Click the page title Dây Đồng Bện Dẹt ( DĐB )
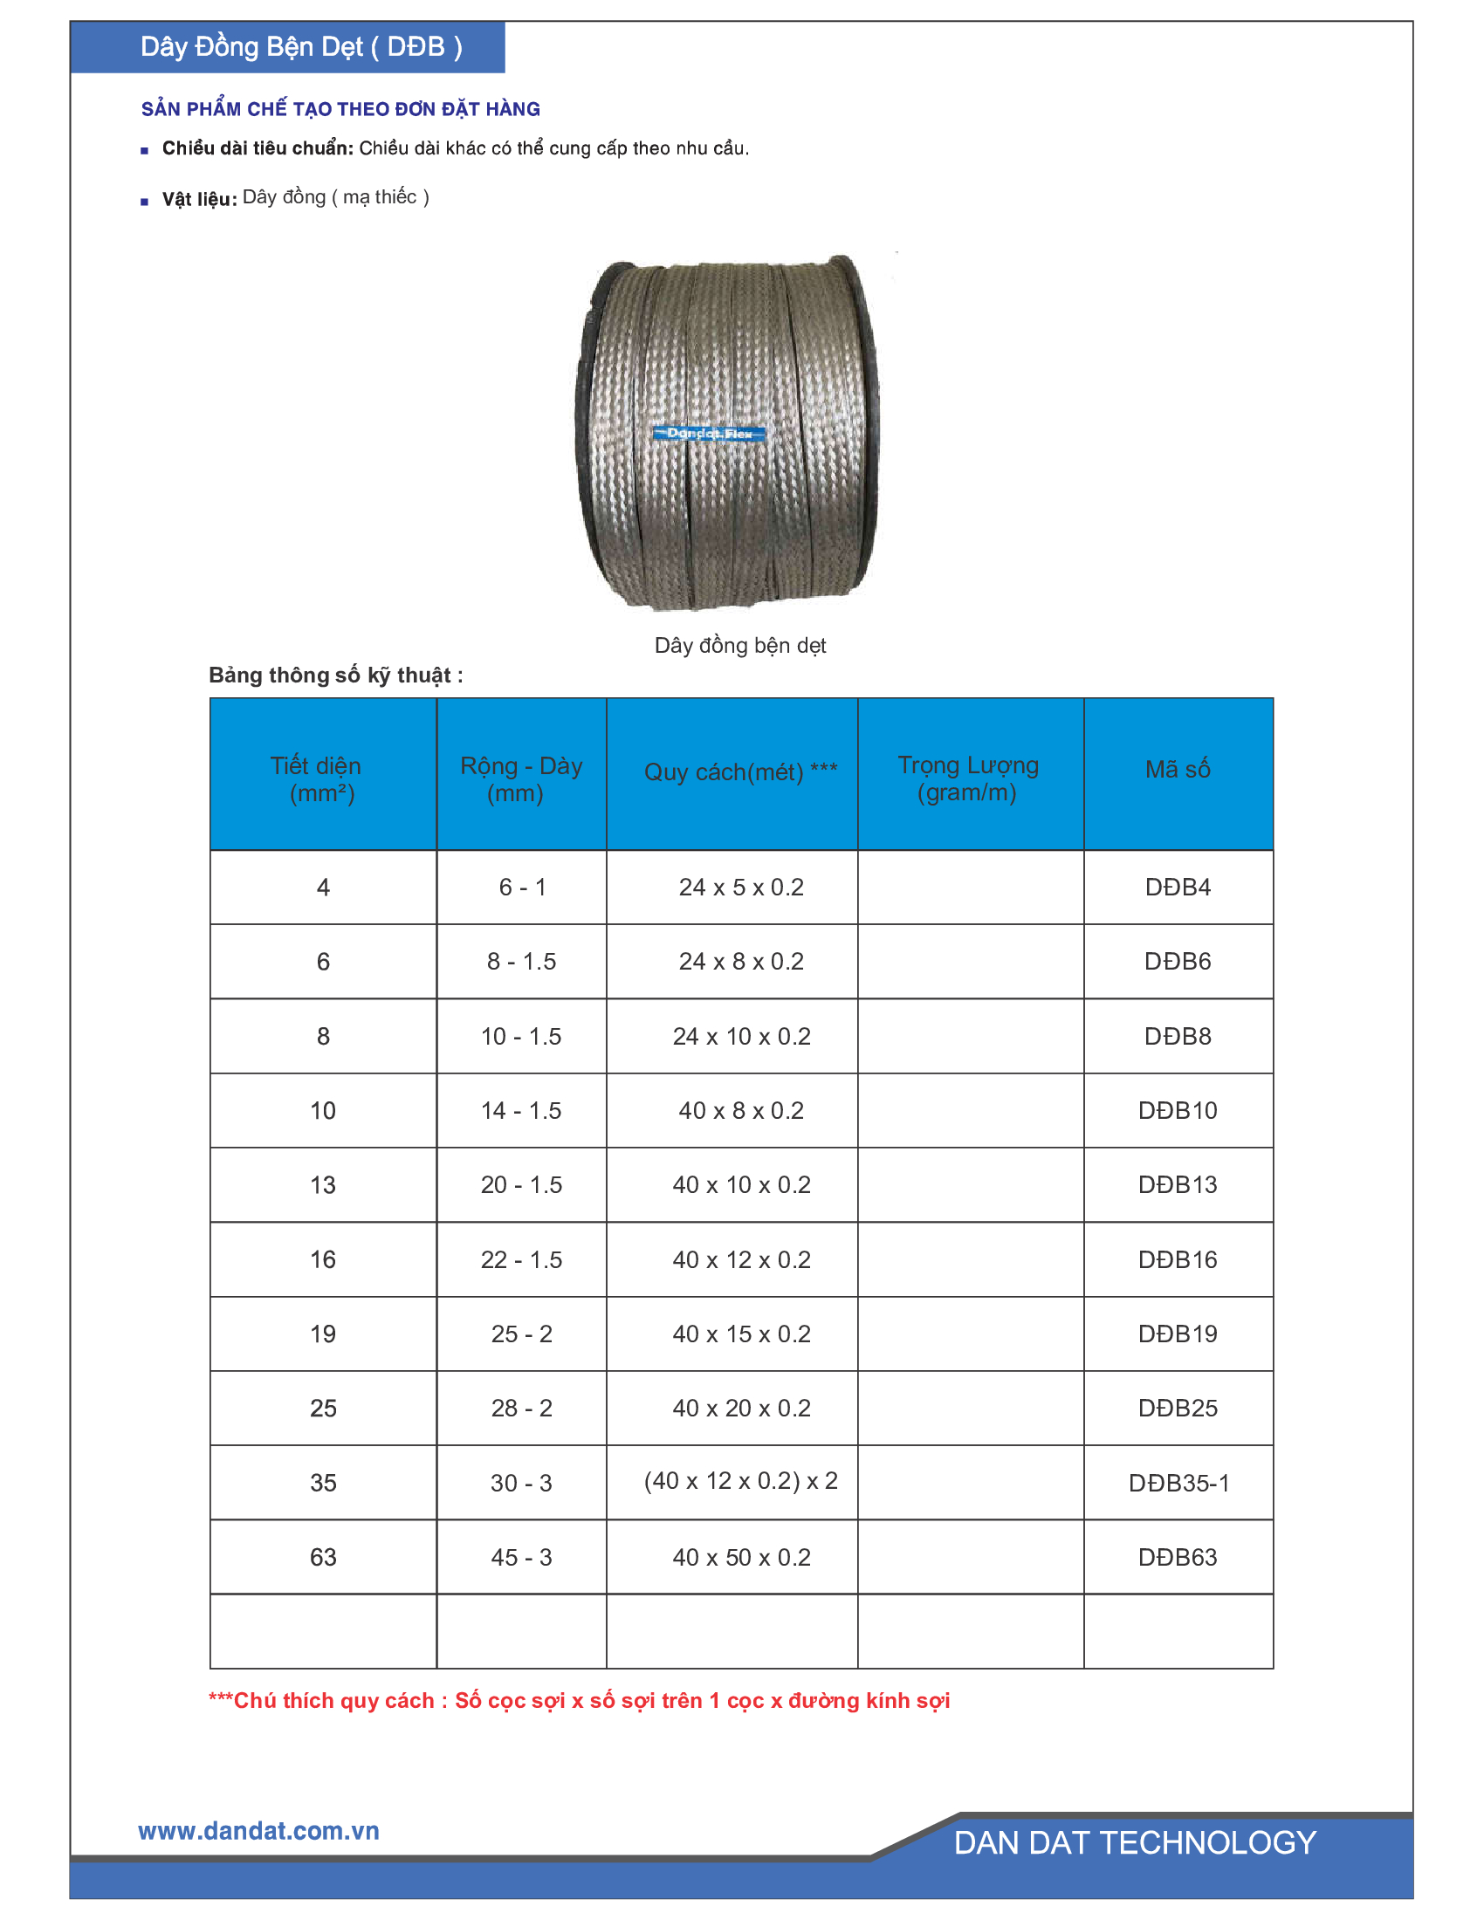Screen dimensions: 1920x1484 click(300, 46)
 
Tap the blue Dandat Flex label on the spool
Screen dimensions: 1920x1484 click(709, 434)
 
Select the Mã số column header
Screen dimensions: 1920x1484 click(1178, 769)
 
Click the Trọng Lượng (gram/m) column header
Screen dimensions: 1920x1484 click(968, 778)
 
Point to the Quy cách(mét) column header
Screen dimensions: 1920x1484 click(740, 771)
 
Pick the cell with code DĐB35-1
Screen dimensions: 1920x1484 click(1178, 1483)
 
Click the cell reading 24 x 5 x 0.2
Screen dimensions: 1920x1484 click(740, 887)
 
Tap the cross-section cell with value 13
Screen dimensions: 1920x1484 click(323, 1185)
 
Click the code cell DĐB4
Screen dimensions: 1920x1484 click(1178, 887)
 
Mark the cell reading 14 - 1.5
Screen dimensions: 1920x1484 click(521, 1110)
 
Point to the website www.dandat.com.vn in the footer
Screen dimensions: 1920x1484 click(258, 1830)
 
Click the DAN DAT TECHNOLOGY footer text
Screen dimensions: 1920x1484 click(1134, 1842)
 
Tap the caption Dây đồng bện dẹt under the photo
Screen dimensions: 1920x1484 click(740, 645)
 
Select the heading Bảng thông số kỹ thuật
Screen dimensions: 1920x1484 click(335, 675)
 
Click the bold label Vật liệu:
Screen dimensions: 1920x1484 click(200, 200)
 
